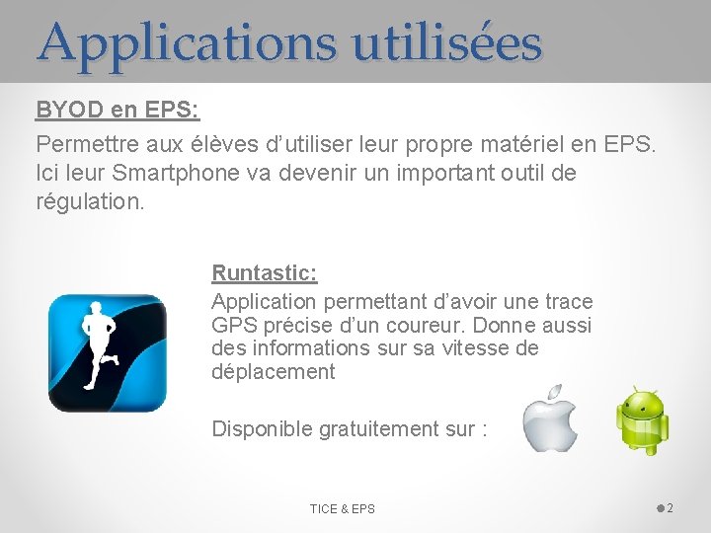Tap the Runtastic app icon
[x=108, y=352]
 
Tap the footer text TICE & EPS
[x=342, y=509]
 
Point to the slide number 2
[x=670, y=508]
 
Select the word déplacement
[x=273, y=372]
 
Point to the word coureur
[x=400, y=325]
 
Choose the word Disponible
[x=262, y=429]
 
